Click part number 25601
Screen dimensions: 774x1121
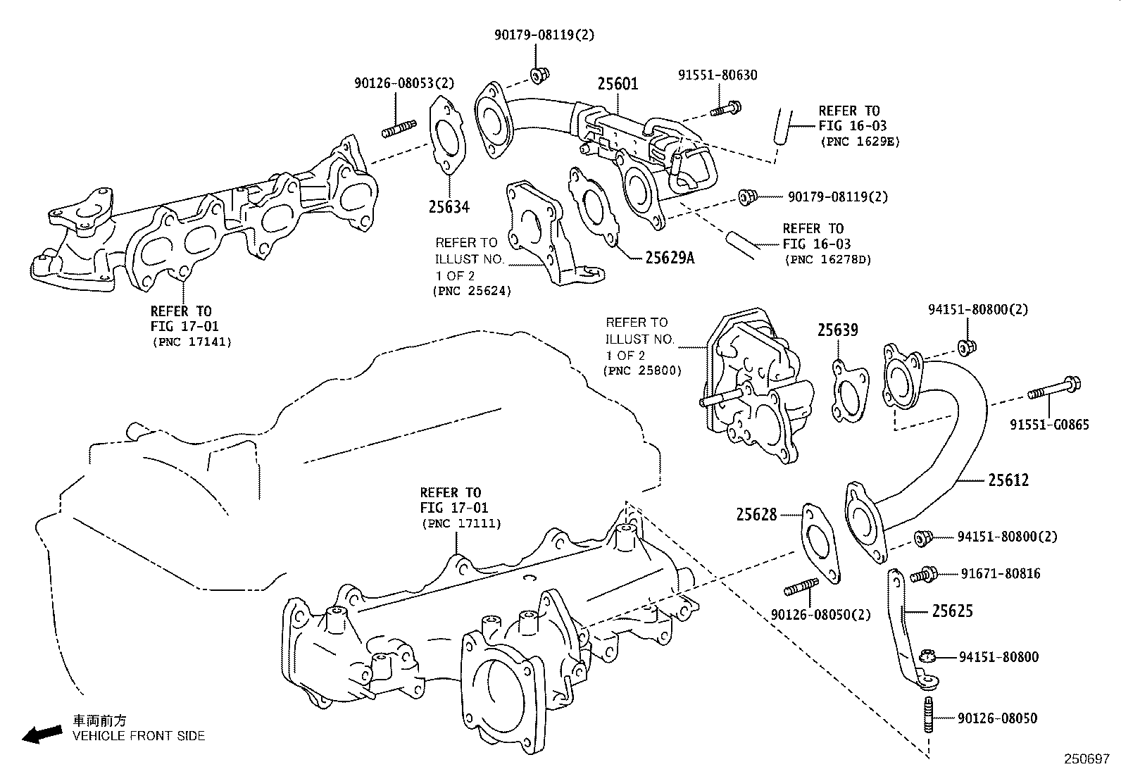pos(618,84)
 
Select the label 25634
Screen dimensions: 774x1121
pos(449,207)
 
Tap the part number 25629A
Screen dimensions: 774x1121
pos(670,258)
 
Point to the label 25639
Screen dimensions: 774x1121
pos(838,330)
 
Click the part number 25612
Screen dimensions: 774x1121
pos(1008,480)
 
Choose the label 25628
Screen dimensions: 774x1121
pos(757,515)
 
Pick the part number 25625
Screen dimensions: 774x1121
pos(953,611)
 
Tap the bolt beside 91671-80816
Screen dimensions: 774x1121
pos(923,575)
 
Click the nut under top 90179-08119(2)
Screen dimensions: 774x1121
pos(539,75)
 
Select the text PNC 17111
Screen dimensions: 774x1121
pos(461,523)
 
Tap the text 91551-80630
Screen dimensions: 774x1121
pos(718,75)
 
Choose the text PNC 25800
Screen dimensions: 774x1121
pos(642,370)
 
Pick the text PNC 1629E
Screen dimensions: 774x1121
pos(860,142)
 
